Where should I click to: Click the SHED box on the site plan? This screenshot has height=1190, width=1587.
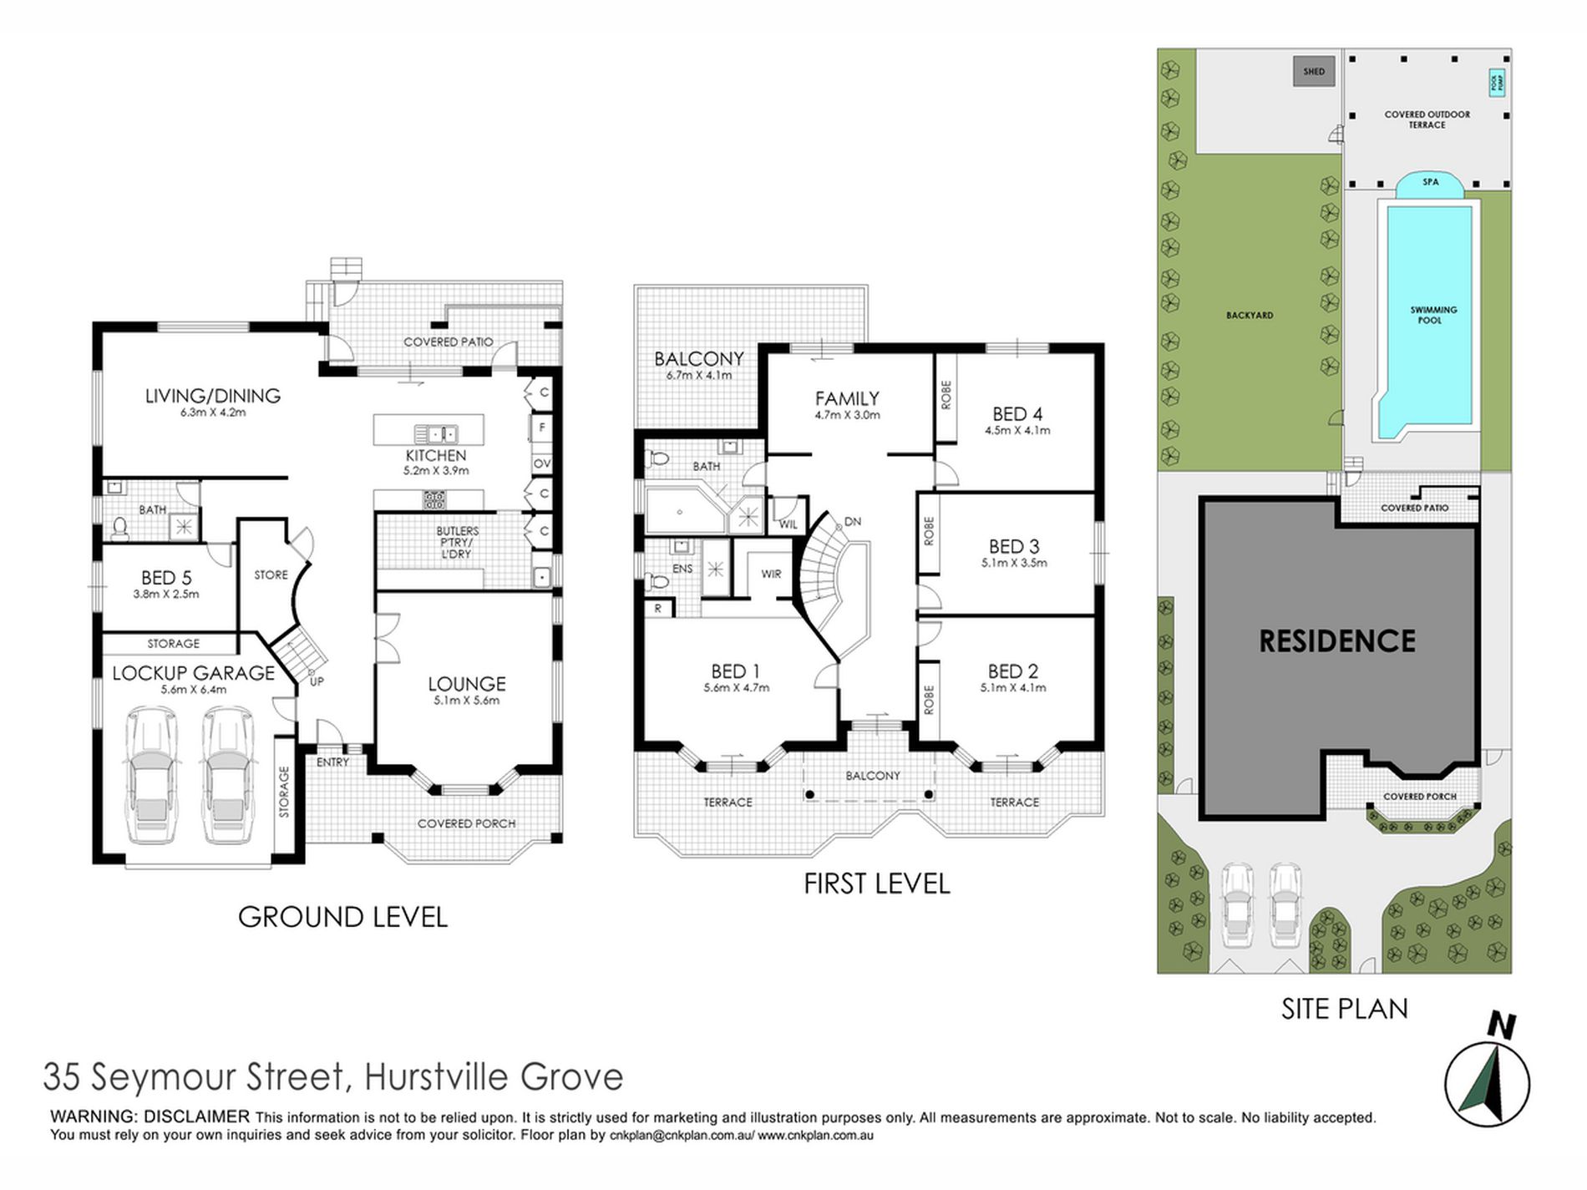pyautogui.click(x=1314, y=71)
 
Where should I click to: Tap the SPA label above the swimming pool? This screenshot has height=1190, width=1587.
pyautogui.click(x=1430, y=182)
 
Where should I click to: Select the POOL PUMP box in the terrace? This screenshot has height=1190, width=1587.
pyautogui.click(x=1498, y=83)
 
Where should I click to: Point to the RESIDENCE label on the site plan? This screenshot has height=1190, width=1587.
pyautogui.click(x=1336, y=641)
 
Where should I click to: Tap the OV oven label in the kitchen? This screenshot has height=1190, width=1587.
pyautogui.click(x=542, y=463)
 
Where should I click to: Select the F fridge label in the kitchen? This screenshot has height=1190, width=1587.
pyautogui.click(x=542, y=428)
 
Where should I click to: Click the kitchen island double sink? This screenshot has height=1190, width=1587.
pyautogui.click(x=435, y=434)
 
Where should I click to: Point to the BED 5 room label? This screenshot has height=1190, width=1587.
pyautogui.click(x=165, y=578)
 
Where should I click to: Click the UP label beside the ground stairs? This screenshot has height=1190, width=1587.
pyautogui.click(x=317, y=681)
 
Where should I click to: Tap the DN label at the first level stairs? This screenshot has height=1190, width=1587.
pyautogui.click(x=852, y=522)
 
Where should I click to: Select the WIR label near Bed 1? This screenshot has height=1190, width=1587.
pyautogui.click(x=771, y=574)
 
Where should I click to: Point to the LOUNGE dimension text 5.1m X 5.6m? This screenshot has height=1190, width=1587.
pyautogui.click(x=466, y=701)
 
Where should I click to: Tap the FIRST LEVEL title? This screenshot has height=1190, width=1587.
pyautogui.click(x=876, y=884)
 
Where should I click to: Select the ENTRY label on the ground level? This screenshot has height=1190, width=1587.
pyautogui.click(x=332, y=762)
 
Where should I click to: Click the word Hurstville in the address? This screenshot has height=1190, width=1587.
pyautogui.click(x=436, y=1076)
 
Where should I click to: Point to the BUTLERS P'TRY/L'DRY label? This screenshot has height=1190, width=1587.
pyautogui.click(x=457, y=542)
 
